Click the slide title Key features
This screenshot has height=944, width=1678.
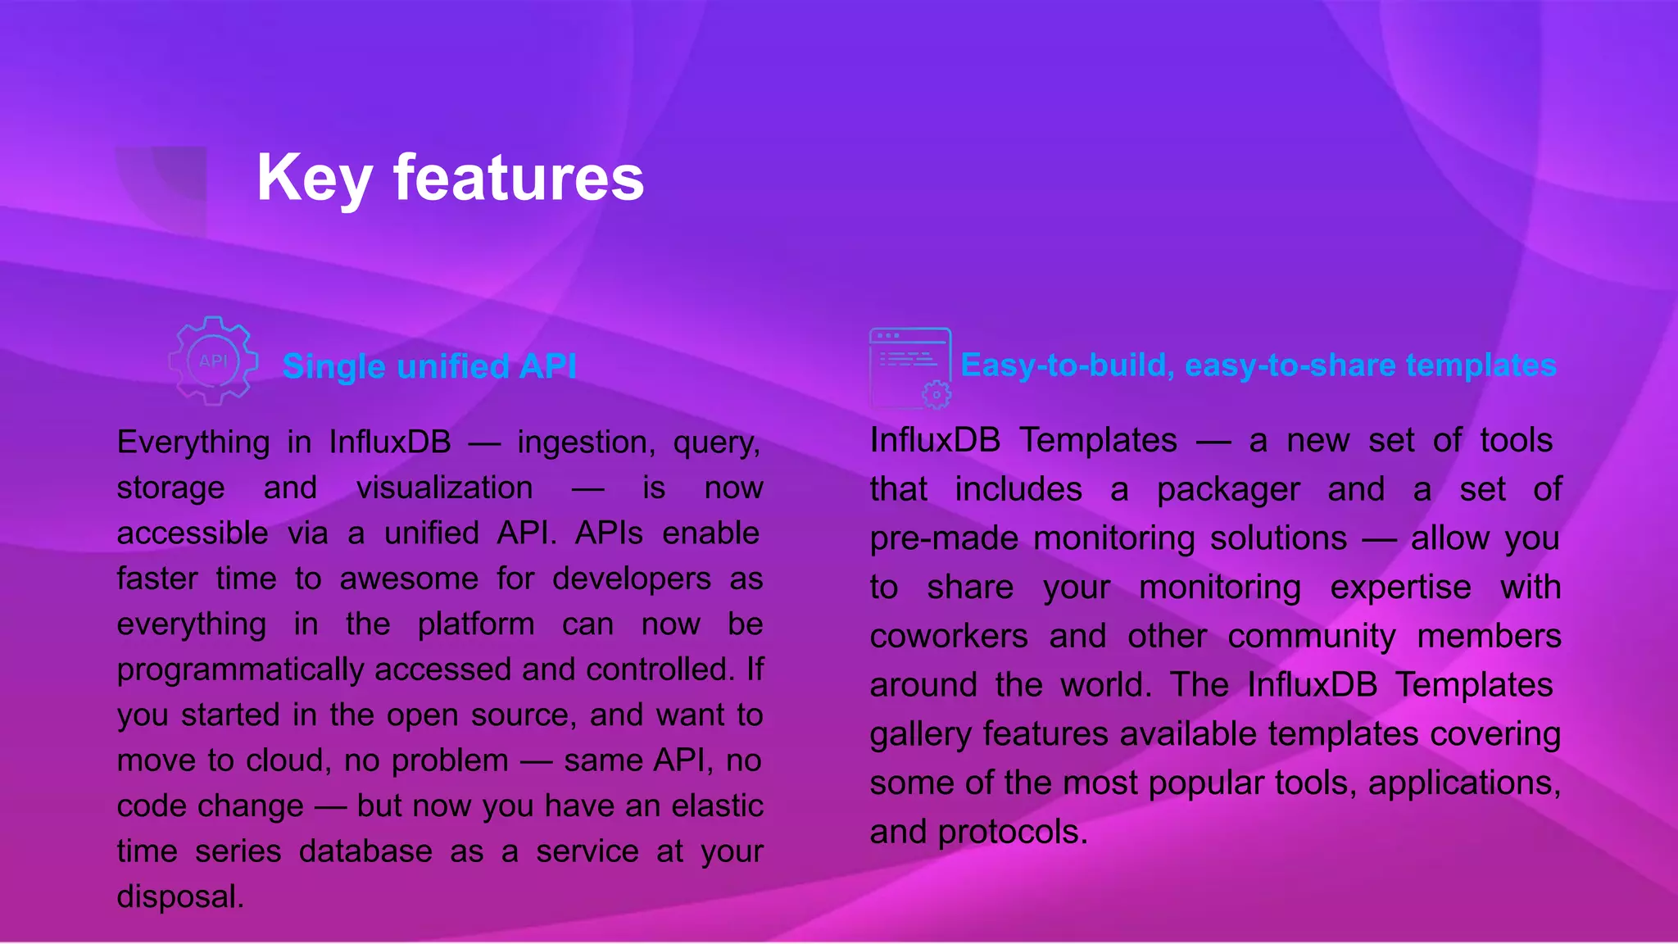click(x=450, y=178)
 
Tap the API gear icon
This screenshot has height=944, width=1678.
click(x=213, y=361)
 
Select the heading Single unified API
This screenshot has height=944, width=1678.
click(x=429, y=366)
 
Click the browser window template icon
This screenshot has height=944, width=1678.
click(x=909, y=367)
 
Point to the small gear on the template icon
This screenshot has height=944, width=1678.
click(x=937, y=395)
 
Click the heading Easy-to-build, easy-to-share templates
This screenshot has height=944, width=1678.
click(x=1258, y=365)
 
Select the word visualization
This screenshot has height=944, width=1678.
click(x=445, y=488)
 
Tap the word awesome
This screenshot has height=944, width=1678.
click(x=409, y=579)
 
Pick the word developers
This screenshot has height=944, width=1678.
click(x=631, y=579)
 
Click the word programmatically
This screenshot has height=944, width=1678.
click(x=240, y=670)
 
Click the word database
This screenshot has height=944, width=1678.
click(x=365, y=852)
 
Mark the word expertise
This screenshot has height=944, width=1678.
click(x=1400, y=588)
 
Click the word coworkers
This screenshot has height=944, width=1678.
click(x=949, y=637)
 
